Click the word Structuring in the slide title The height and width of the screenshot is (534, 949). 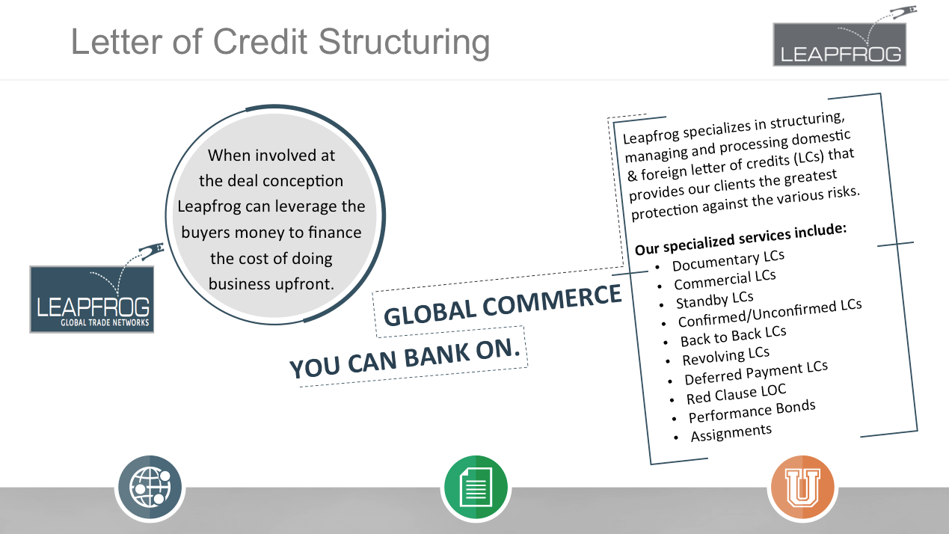pos(404,43)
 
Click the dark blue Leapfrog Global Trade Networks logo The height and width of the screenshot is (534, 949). pos(92,299)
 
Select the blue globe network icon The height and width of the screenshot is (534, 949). pos(150,487)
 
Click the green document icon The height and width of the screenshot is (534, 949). pos(476,487)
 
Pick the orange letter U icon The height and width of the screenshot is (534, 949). pos(802,487)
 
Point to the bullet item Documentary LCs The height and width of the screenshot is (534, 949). pos(728,260)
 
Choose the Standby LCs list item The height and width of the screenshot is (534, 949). pos(715,300)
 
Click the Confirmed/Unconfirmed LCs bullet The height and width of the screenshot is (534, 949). pos(770,313)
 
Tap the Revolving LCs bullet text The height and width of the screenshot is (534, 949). pos(725,356)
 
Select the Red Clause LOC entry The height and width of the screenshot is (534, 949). pos(737,394)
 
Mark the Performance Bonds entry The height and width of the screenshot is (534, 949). pos(752,411)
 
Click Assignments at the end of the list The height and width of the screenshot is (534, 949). pos(731,433)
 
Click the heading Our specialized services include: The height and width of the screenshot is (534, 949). pos(740,239)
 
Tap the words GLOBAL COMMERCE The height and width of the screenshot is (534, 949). pos(503,305)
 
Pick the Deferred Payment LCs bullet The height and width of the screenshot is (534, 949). pos(756,373)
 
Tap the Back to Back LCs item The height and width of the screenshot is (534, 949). pos(734,336)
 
